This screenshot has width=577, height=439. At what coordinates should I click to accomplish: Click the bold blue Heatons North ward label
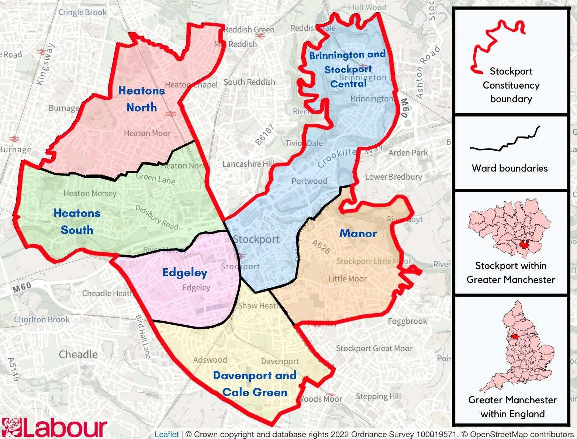click(141, 99)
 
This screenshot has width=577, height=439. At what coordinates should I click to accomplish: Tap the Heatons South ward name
click(77, 221)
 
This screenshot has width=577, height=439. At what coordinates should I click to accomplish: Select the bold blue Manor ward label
click(358, 233)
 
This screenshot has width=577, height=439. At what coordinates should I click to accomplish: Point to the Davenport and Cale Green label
click(255, 384)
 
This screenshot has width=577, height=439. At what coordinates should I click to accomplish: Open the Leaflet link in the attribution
click(166, 435)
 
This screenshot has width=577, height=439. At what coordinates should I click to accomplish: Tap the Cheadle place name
click(78, 355)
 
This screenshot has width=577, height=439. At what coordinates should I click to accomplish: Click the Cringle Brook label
click(82, 12)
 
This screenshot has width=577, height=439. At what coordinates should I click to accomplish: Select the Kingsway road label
click(45, 64)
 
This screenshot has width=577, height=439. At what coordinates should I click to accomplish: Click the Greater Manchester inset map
click(509, 228)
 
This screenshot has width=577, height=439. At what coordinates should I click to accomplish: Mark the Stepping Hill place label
click(378, 397)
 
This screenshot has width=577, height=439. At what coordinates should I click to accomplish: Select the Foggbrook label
click(407, 321)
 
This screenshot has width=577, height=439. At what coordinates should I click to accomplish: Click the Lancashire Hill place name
click(248, 164)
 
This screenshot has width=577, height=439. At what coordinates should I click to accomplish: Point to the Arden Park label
click(408, 153)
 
